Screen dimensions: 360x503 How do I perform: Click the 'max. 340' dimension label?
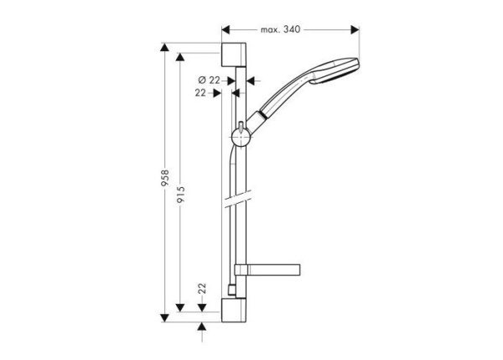point(281,29)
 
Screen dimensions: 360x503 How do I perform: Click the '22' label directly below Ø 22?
point(201,93)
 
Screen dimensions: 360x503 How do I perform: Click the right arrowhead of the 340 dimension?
point(356,29)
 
